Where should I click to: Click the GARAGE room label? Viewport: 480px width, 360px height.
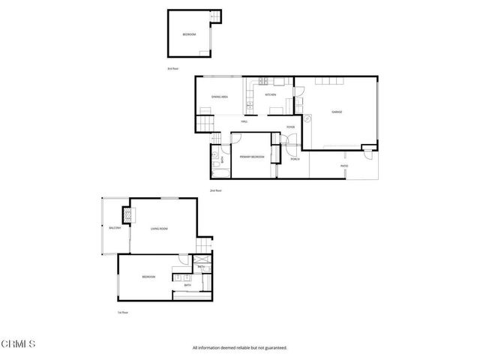337,112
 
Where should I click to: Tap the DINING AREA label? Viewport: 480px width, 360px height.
220,97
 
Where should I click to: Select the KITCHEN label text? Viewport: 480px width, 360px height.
270,95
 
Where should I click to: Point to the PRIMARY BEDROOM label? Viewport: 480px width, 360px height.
251,157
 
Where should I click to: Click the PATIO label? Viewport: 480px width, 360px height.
344,165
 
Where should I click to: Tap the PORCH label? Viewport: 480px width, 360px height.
295,159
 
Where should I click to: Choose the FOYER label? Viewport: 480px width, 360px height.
290,127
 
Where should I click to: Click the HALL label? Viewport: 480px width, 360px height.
244,121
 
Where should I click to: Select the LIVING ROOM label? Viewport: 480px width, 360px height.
158,229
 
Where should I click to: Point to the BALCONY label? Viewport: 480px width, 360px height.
115,228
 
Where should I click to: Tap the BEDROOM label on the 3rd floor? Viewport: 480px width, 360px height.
190,34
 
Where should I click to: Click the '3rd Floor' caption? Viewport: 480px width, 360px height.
172,69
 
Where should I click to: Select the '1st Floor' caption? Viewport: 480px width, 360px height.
123,312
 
